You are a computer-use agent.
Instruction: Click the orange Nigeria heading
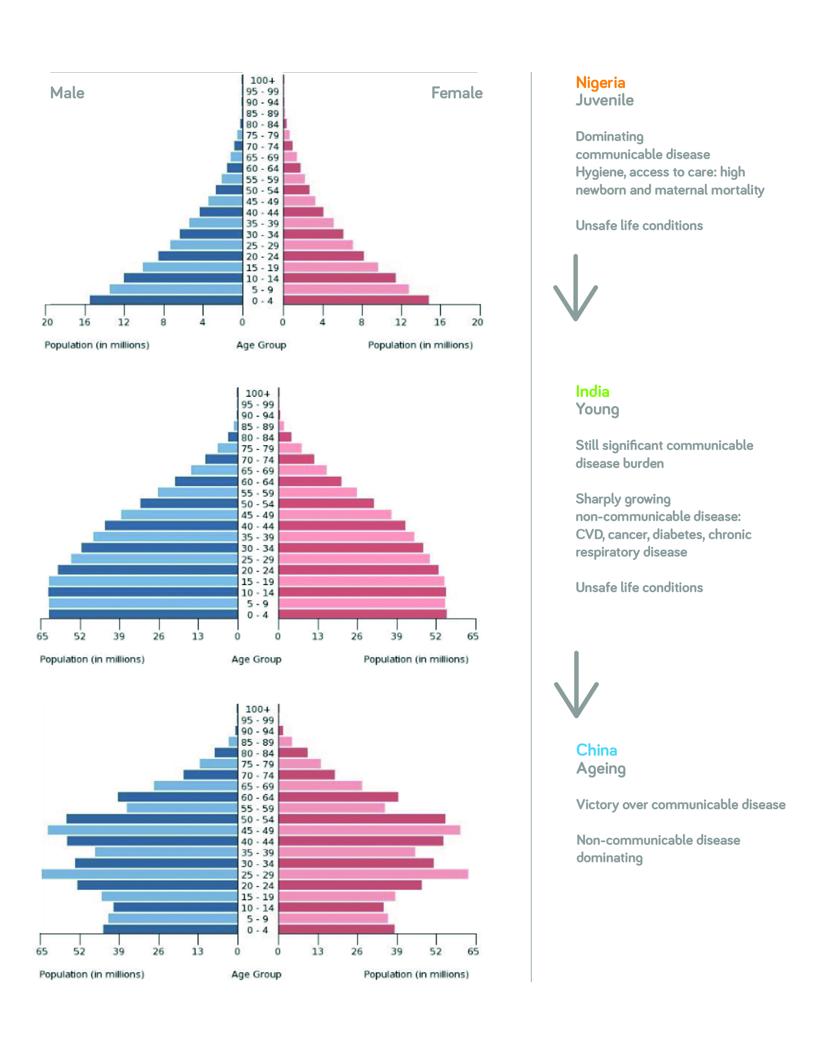click(x=600, y=83)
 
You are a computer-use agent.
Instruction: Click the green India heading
click(x=592, y=392)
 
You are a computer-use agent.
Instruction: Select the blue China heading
click(x=596, y=750)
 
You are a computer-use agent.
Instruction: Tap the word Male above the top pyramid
click(x=67, y=93)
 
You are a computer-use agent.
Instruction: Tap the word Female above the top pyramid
click(x=456, y=93)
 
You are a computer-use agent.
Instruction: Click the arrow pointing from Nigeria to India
click(x=575, y=288)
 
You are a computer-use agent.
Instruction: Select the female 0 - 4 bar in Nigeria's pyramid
click(x=356, y=300)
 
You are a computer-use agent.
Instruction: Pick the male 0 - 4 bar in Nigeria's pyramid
click(x=166, y=300)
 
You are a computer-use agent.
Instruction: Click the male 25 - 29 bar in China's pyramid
click(x=140, y=874)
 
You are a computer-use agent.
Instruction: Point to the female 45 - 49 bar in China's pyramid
click(x=369, y=830)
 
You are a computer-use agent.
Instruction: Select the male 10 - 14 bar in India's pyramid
click(x=143, y=592)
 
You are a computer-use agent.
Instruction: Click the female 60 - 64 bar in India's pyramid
click(x=310, y=482)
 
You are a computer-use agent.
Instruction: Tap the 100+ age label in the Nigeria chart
click(x=262, y=80)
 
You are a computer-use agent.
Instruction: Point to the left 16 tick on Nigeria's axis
click(x=84, y=322)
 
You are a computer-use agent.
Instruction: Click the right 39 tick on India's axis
click(x=396, y=636)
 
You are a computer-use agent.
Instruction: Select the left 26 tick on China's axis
click(x=158, y=951)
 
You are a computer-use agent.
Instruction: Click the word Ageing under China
click(x=600, y=769)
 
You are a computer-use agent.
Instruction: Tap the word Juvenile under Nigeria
click(x=604, y=101)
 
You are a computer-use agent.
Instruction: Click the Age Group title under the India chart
click(x=256, y=659)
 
